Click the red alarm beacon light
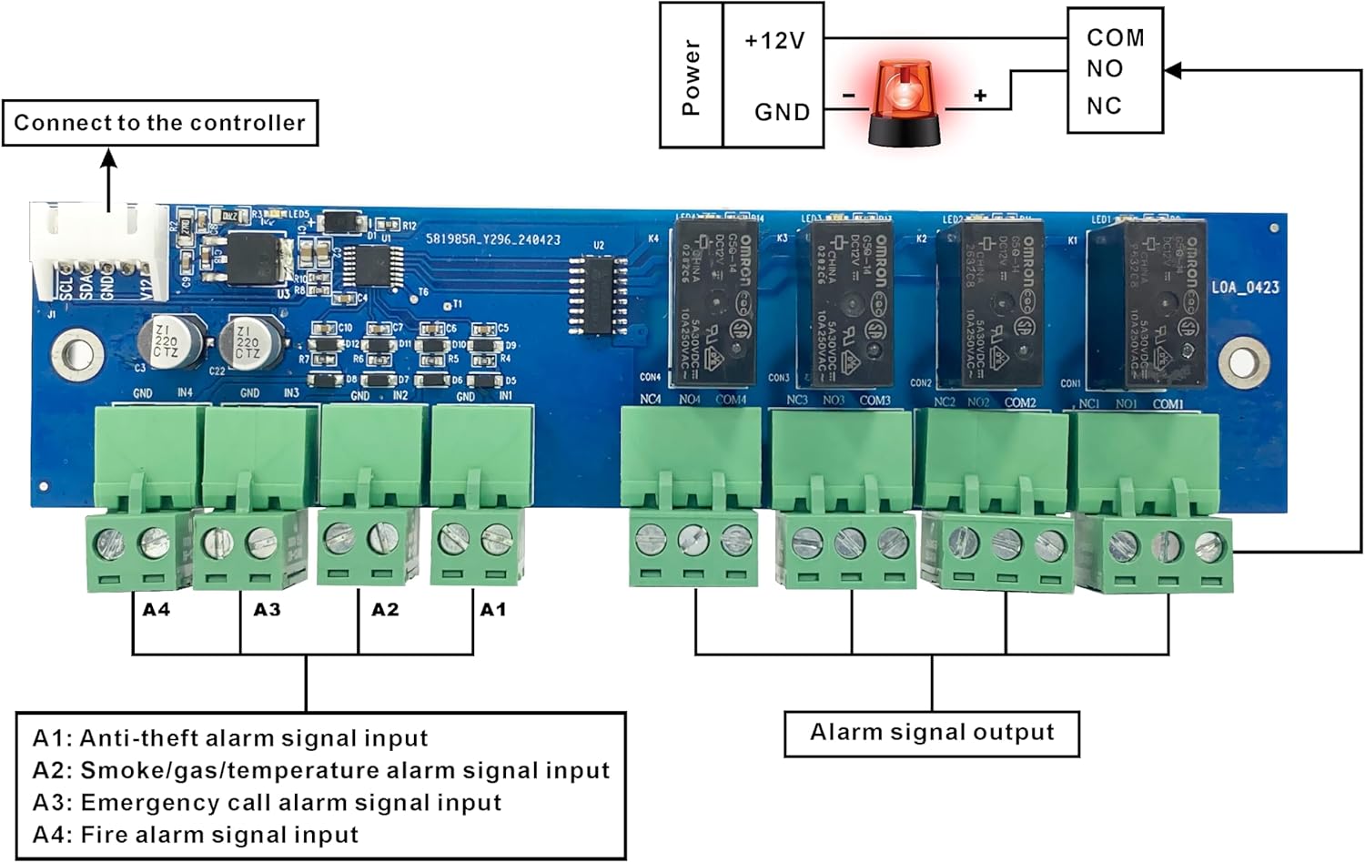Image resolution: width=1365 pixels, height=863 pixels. (x=905, y=102)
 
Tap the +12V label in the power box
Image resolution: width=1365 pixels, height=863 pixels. (x=774, y=41)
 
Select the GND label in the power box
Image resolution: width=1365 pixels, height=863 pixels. (x=782, y=112)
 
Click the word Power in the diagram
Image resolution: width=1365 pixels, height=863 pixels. (x=692, y=76)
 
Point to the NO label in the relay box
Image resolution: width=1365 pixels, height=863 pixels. (x=1105, y=69)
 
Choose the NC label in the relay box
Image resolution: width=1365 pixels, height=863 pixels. (x=1104, y=106)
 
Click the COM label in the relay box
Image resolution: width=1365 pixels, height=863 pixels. (x=1116, y=37)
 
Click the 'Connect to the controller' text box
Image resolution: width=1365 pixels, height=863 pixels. (x=160, y=123)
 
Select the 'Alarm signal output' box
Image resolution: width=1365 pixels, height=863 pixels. (x=932, y=733)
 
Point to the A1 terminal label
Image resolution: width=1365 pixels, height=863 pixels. (x=493, y=609)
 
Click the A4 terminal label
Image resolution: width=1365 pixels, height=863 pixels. (x=157, y=609)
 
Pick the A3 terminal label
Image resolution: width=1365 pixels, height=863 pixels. (x=267, y=609)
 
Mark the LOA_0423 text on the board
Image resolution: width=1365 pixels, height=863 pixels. (x=1245, y=288)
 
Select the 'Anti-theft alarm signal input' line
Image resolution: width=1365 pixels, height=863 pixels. (x=230, y=738)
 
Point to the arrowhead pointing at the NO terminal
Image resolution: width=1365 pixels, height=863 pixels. (x=1173, y=70)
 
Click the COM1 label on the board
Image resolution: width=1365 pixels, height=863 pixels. (x=1168, y=403)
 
